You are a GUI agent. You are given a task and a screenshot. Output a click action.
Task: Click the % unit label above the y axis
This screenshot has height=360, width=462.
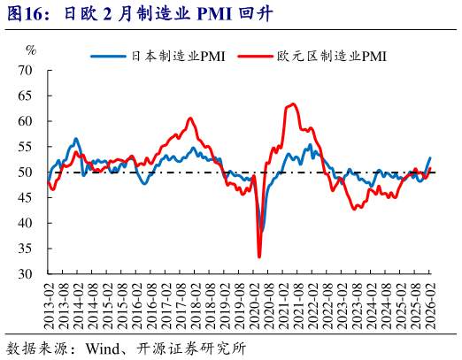click(32, 50)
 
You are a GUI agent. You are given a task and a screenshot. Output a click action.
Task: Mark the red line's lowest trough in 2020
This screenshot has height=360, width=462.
click(259, 257)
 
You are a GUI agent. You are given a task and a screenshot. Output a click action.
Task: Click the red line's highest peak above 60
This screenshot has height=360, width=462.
click(292, 104)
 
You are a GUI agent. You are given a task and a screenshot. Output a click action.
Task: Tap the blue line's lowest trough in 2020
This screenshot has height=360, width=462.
click(262, 229)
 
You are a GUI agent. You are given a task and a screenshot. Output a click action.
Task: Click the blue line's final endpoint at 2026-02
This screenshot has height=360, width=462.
click(431, 158)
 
